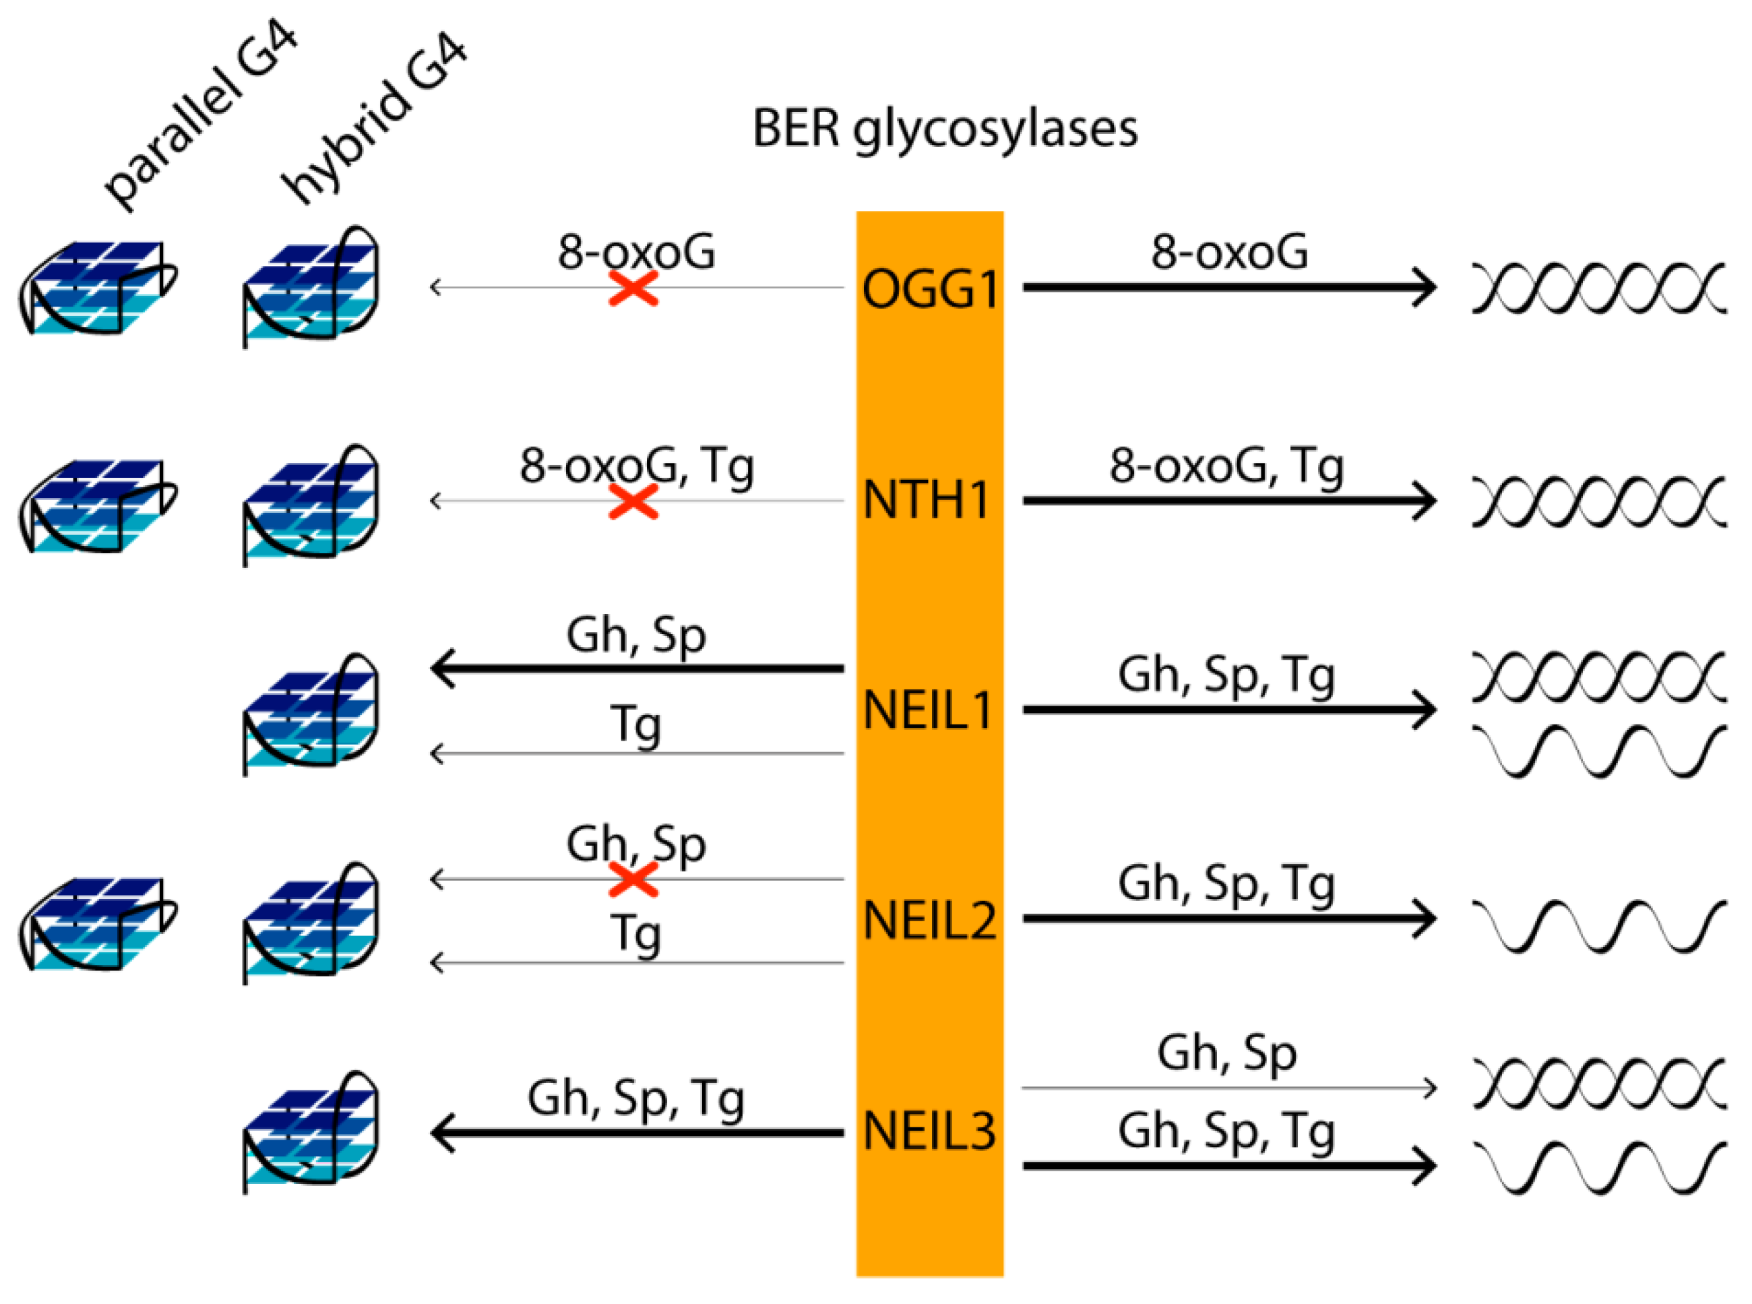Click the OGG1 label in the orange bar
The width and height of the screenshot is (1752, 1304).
pyautogui.click(x=930, y=289)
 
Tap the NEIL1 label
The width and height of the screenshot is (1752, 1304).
pyautogui.click(x=928, y=710)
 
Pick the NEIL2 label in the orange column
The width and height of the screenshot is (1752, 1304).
pyautogui.click(x=930, y=921)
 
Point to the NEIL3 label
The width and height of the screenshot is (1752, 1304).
pyautogui.click(x=930, y=1130)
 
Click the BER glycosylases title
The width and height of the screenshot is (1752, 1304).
pyautogui.click(x=945, y=128)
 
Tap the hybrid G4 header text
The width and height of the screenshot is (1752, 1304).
pyautogui.click(x=375, y=119)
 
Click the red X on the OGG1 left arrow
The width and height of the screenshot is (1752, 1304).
pyautogui.click(x=633, y=288)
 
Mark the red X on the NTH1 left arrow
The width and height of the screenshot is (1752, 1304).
pyautogui.click(x=633, y=501)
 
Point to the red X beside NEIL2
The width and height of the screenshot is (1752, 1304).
pyautogui.click(x=633, y=879)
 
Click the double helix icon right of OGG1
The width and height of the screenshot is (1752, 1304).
pyautogui.click(x=1598, y=287)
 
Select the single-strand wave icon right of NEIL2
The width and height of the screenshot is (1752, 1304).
pyautogui.click(x=1598, y=925)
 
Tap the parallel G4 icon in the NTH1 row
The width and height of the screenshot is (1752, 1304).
pyautogui.click(x=97, y=506)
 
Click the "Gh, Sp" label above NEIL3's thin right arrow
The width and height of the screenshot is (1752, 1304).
pyautogui.click(x=1226, y=1054)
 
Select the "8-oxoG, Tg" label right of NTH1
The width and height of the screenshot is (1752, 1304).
pyautogui.click(x=1226, y=466)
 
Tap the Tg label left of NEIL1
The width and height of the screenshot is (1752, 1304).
pyautogui.click(x=635, y=724)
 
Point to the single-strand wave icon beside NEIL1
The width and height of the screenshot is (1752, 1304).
pyautogui.click(x=1598, y=750)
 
